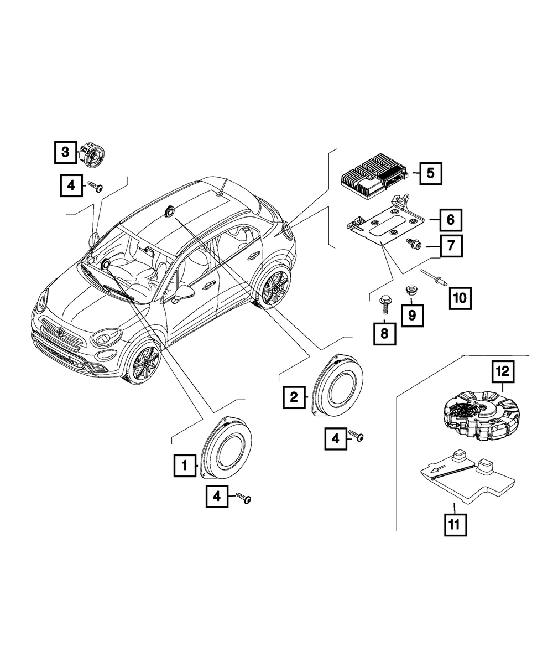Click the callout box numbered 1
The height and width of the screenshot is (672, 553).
(185, 466)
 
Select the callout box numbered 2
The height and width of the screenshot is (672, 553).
(294, 396)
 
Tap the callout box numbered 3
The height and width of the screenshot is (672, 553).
(65, 152)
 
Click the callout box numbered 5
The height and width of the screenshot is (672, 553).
(431, 173)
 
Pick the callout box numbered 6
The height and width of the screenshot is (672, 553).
(450, 220)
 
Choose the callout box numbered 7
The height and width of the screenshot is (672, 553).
(451, 246)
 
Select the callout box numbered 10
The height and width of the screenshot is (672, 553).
(460, 298)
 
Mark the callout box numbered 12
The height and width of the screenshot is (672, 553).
(504, 372)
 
